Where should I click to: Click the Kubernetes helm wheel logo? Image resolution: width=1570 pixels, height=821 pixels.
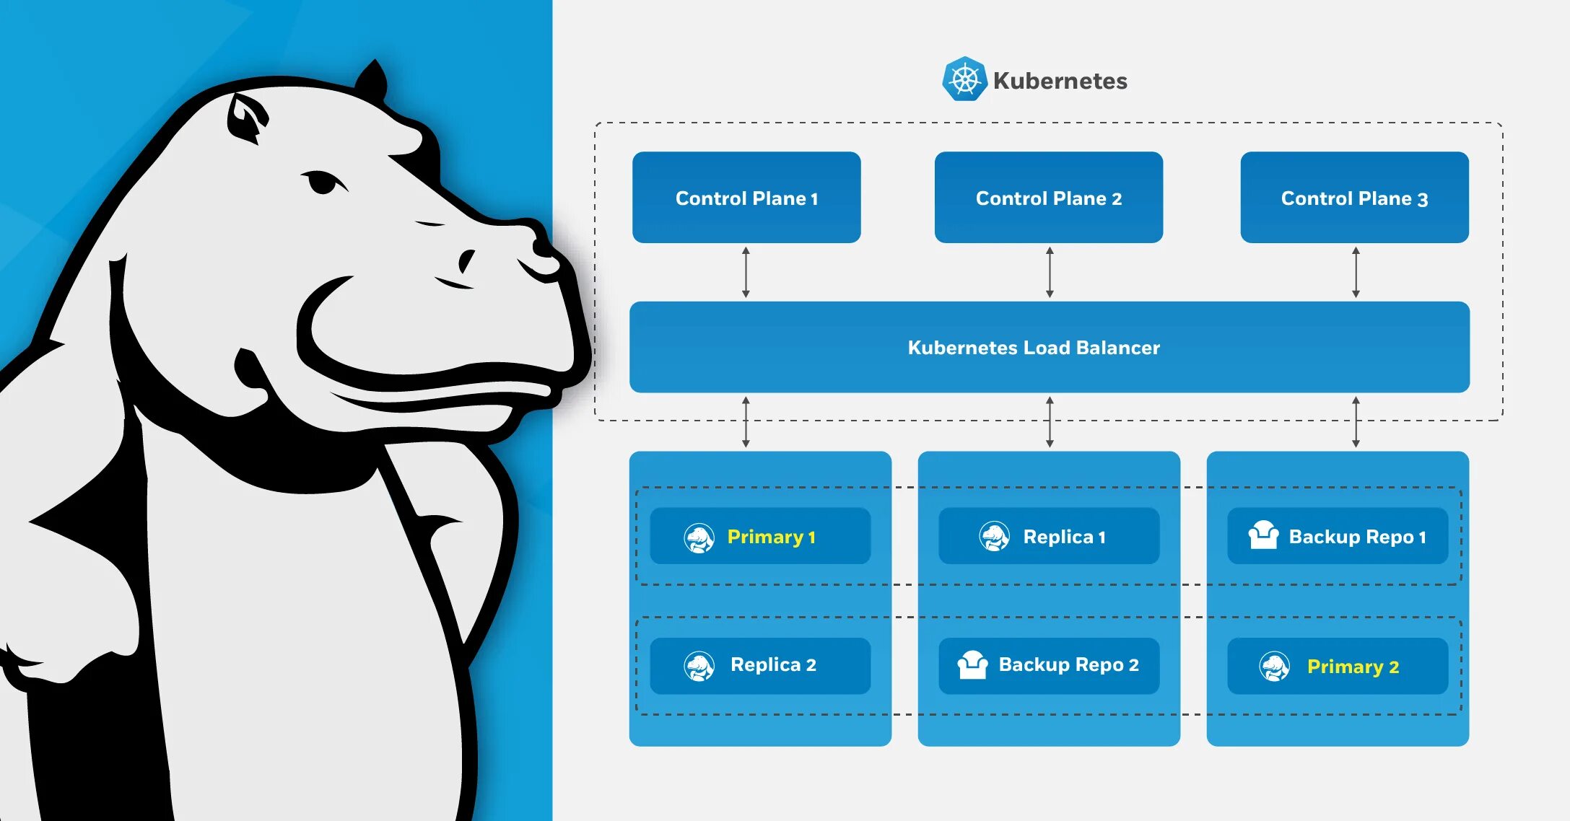point(964,79)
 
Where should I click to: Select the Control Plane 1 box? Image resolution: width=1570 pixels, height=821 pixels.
point(746,198)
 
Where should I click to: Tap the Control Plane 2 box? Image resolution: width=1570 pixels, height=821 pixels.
point(1048,198)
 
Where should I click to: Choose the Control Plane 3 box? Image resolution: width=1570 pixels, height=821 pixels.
point(1354,198)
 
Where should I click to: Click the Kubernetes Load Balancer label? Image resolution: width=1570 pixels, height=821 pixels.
point(1033,348)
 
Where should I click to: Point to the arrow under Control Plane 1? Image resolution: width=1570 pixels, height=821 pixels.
point(746,272)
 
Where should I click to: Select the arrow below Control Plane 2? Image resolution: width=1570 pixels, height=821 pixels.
point(1050,272)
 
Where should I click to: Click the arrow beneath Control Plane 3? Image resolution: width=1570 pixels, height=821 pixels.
point(1356,272)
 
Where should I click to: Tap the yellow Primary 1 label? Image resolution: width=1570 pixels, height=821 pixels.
point(771,537)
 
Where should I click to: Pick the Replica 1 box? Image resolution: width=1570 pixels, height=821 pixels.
point(1048,536)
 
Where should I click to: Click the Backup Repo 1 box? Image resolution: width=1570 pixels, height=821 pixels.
point(1337,536)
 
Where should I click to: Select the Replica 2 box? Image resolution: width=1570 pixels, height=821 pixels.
point(759,665)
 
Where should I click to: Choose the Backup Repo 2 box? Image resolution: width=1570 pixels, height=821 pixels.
point(1048,665)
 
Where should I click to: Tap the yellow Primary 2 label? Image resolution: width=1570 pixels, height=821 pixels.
point(1353,667)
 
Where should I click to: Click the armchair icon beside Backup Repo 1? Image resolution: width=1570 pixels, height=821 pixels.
point(1263,535)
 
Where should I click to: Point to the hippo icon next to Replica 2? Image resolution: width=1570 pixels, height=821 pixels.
point(699,666)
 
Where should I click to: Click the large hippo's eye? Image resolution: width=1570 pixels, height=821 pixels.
point(322,182)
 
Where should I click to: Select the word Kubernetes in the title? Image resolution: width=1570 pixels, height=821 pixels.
point(1060,81)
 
